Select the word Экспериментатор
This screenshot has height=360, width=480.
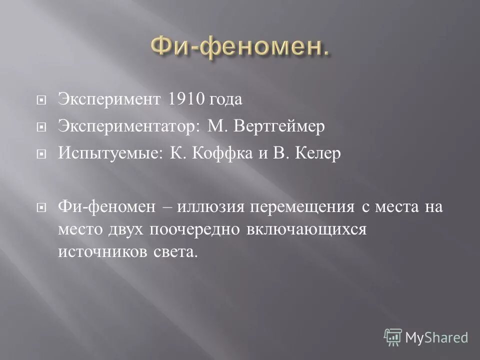(x=128, y=128)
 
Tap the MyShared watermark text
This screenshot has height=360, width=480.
(x=436, y=337)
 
